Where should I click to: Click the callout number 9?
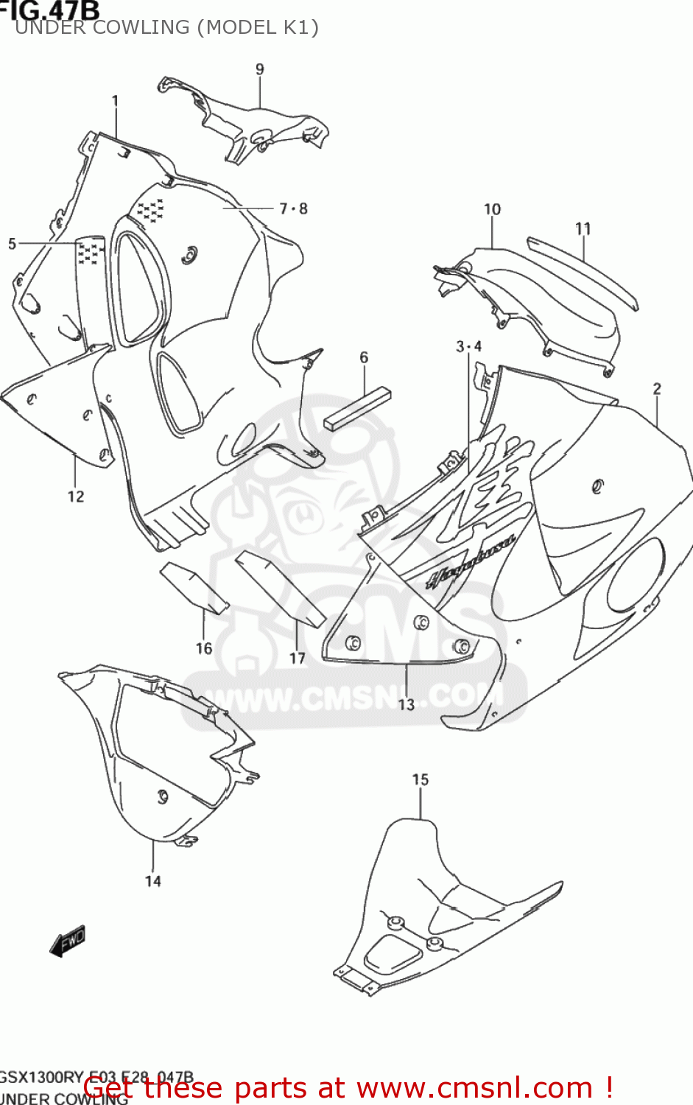260,69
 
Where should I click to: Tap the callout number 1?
116,100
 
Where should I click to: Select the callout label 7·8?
293,209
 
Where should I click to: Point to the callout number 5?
12,244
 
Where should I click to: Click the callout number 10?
492,210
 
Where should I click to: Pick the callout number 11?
583,229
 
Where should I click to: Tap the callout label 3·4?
468,347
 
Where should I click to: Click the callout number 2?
657,388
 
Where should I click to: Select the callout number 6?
364,357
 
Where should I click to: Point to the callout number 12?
76,497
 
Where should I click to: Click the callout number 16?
204,648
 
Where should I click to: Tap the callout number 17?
297,659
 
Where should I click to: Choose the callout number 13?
407,705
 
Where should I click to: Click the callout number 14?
152,881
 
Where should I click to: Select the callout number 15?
420,779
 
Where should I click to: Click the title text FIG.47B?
50,10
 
